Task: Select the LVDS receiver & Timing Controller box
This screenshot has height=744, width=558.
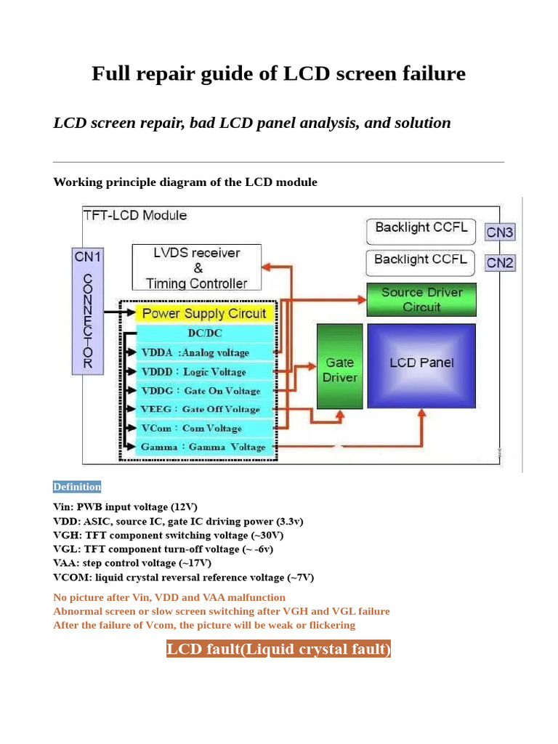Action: (x=196, y=267)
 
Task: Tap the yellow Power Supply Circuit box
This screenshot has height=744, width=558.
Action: (x=203, y=313)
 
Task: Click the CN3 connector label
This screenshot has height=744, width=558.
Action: (x=500, y=232)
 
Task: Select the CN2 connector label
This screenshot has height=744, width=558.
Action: (x=500, y=262)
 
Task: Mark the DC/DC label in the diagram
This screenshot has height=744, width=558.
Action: (x=205, y=333)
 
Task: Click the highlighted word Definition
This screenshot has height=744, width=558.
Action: (x=77, y=487)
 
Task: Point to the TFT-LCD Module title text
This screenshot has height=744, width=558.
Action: (x=135, y=215)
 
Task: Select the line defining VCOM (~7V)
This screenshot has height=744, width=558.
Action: (x=183, y=578)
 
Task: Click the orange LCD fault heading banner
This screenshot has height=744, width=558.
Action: (x=278, y=649)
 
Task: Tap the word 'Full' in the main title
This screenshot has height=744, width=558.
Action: (x=110, y=73)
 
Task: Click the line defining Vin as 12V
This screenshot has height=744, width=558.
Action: (x=125, y=507)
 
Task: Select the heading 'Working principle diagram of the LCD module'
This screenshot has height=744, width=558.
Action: (x=185, y=182)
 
